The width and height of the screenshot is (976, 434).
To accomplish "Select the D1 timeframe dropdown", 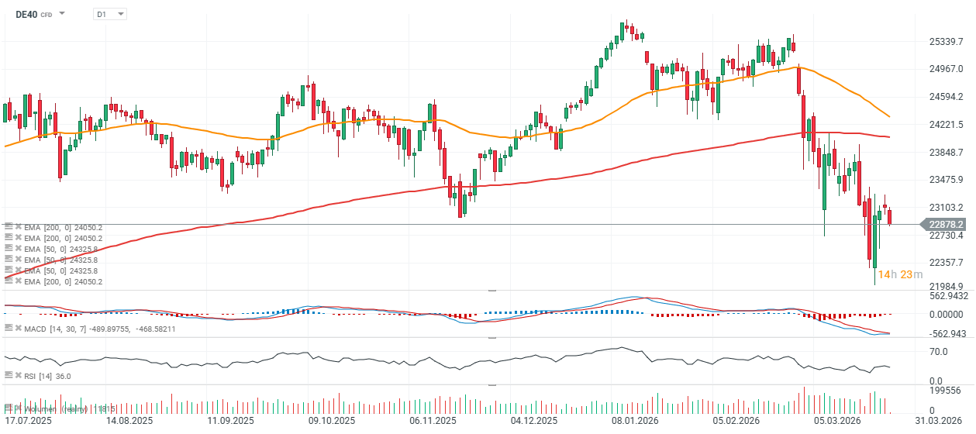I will pyautogui.click(x=109, y=14).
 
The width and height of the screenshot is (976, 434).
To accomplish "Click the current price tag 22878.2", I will pyautogui.click(x=945, y=224).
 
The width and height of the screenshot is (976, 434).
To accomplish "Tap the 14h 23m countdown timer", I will pyautogui.click(x=900, y=274).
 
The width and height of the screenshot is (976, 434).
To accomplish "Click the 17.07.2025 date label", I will pyautogui.click(x=28, y=420).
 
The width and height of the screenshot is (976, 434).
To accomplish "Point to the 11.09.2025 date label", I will pyautogui.click(x=231, y=420).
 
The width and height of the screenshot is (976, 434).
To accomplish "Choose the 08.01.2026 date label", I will pyautogui.click(x=635, y=420).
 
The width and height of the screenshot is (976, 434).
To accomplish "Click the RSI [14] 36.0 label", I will pyautogui.click(x=47, y=376).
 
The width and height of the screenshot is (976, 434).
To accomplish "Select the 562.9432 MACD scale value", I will pyautogui.click(x=947, y=295).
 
